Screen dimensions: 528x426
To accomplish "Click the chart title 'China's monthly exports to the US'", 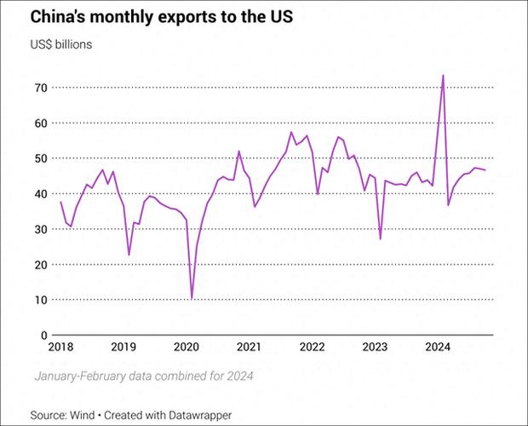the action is pyautogui.click(x=162, y=17).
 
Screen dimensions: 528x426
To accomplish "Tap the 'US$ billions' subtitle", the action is pyautogui.click(x=61, y=44).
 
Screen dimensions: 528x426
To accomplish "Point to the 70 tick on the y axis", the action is pyautogui.click(x=40, y=88).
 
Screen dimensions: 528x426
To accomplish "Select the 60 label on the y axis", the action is pyautogui.click(x=40, y=124).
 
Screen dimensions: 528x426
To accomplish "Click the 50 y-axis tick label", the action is pyautogui.click(x=40, y=158).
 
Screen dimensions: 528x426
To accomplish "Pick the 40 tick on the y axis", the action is pyautogui.click(x=40, y=194).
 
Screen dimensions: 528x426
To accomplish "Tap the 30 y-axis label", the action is pyautogui.click(x=40, y=229).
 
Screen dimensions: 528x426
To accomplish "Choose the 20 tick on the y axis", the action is pyautogui.click(x=40, y=265).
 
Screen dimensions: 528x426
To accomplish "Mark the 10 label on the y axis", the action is pyautogui.click(x=40, y=300).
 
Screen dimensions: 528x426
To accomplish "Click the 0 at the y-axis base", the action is pyautogui.click(x=44, y=336).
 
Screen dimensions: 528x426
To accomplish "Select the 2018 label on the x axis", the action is pyautogui.click(x=60, y=347).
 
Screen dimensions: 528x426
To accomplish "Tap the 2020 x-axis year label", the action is pyautogui.click(x=187, y=347).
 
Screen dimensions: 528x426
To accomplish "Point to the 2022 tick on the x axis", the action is pyautogui.click(x=313, y=347).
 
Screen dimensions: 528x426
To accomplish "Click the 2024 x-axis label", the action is pyautogui.click(x=438, y=347).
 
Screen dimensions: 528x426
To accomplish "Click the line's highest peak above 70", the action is pyautogui.click(x=443, y=76).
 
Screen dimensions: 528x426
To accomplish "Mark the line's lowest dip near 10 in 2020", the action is pyautogui.click(x=192, y=298).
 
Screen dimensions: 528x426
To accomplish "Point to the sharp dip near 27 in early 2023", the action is pyautogui.click(x=380, y=239).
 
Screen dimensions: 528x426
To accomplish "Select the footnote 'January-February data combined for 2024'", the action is pyautogui.click(x=144, y=376).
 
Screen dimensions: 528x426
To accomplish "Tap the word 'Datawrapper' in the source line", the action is pyautogui.click(x=200, y=416).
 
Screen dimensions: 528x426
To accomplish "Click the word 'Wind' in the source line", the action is pyautogui.click(x=82, y=415).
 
